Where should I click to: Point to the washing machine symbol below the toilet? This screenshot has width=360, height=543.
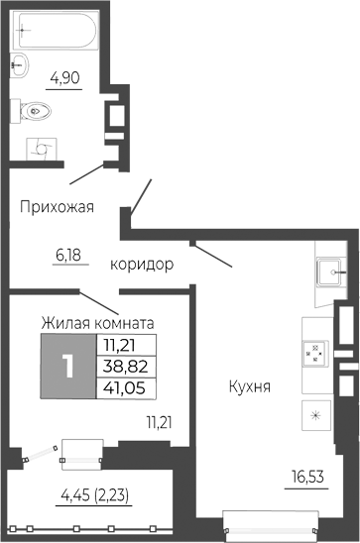44,148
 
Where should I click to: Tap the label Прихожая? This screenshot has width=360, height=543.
58,207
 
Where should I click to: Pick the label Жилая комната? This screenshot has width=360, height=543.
96,323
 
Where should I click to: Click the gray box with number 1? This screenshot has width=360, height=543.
67,366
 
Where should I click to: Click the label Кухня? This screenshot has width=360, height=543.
249,385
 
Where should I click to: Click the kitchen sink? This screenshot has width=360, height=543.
329,271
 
